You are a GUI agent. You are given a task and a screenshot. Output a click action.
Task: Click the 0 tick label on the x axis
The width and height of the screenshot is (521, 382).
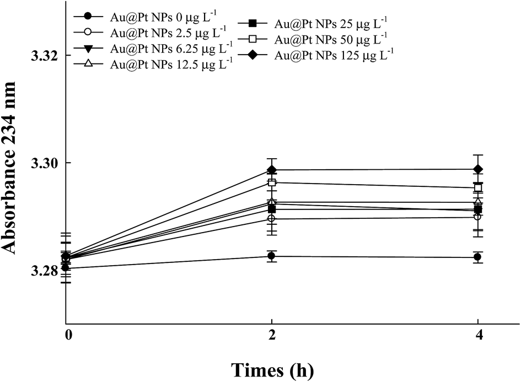[68, 335]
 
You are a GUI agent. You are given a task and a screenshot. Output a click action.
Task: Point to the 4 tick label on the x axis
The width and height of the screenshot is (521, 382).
[478, 335]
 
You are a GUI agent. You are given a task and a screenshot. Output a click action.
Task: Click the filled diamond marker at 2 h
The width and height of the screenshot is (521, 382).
[272, 170]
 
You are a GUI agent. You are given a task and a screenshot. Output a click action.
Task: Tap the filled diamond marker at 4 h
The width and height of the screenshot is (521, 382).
[478, 169]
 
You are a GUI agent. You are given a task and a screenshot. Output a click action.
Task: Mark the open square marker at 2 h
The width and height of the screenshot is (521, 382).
[272, 182]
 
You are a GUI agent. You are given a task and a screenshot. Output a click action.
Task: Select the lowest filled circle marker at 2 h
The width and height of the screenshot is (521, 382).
[272, 256]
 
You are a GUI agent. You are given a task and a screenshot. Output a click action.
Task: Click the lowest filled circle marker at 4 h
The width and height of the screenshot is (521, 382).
[478, 257]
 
